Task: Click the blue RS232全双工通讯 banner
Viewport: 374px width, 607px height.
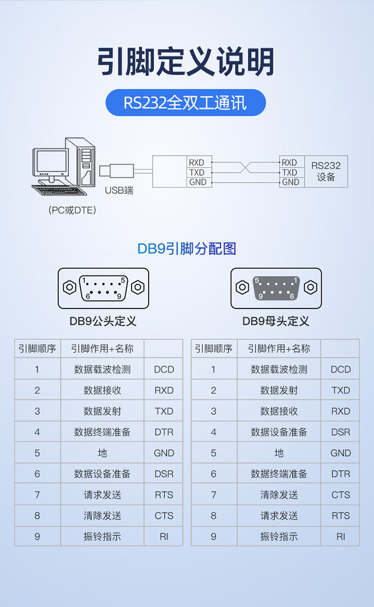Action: tap(186, 103)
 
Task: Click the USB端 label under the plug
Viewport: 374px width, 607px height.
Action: tap(119, 190)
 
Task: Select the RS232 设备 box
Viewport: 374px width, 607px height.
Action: tap(326, 171)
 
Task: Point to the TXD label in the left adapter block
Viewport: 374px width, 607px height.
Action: tap(196, 172)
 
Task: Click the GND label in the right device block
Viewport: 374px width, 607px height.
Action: tap(291, 182)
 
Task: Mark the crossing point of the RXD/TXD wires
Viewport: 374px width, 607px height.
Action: tap(244, 168)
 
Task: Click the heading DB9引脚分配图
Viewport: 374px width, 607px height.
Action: tap(187, 249)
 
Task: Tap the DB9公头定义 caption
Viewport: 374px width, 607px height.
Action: tap(103, 321)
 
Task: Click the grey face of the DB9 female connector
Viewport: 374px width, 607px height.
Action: tap(276, 288)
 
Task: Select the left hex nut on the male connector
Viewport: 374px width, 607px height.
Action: tap(69, 288)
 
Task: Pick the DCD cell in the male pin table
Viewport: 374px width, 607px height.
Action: tap(164, 369)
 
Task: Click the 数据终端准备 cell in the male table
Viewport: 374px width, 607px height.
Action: tap(102, 432)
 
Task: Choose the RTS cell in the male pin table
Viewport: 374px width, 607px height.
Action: tap(164, 495)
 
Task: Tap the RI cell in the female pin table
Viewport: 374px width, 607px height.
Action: tap(341, 537)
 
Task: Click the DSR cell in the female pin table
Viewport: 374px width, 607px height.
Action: tap(341, 432)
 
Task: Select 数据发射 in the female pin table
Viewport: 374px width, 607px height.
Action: tap(279, 390)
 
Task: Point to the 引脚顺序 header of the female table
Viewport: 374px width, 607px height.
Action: tap(213, 348)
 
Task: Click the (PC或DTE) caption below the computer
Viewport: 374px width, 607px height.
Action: tap(72, 210)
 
